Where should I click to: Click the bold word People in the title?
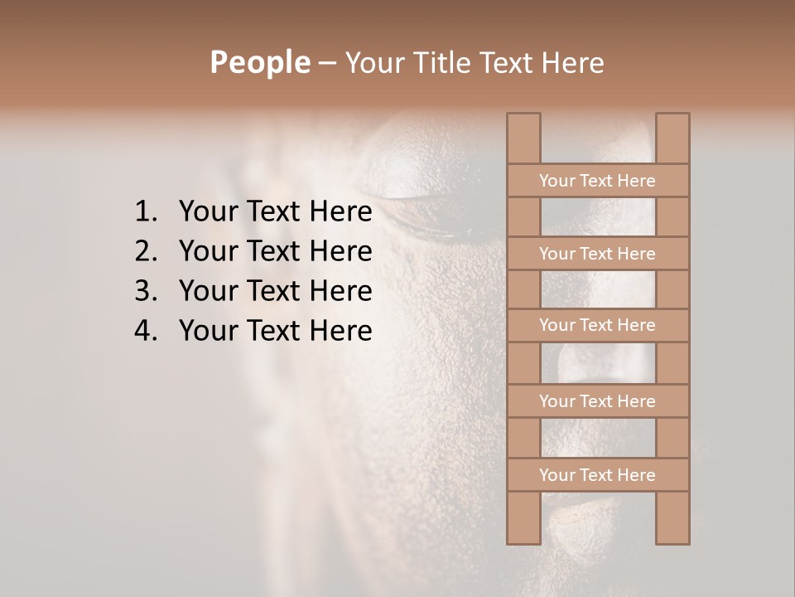259,63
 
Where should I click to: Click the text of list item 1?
275,212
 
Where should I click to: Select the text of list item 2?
275,251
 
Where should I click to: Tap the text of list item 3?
275,291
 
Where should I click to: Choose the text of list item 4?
275,331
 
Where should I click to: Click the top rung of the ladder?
597,181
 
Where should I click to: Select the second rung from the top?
597,254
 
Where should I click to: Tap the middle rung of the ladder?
597,326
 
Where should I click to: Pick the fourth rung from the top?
597,401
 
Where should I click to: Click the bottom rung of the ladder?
597,475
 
